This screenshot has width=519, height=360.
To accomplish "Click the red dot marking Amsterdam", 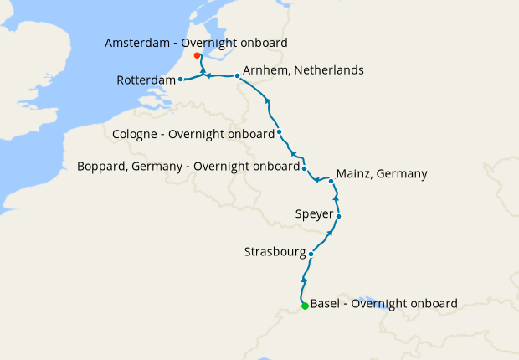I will click(197, 56).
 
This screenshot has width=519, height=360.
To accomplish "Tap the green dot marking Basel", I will click(305, 306).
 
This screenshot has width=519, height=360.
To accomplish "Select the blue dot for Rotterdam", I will click(181, 80).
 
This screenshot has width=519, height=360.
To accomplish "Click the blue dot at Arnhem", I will click(237, 76).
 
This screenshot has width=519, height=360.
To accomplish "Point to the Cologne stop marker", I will click(279, 132).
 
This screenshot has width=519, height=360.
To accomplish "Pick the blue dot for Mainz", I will click(331, 181).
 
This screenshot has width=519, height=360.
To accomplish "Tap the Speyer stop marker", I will click(338, 216).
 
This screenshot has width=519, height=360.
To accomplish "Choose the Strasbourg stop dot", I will click(311, 254).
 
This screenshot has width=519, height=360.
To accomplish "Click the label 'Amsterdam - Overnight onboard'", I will click(196, 43).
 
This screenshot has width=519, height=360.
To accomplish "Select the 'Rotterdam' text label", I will click(146, 80).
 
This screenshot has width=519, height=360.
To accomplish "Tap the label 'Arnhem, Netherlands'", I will click(303, 70).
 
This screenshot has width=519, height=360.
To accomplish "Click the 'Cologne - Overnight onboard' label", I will click(193, 134).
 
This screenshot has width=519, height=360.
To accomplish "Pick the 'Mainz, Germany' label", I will click(381, 174).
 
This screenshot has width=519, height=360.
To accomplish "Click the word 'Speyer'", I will click(314, 214).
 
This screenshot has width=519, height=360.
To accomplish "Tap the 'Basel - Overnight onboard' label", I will click(383, 303).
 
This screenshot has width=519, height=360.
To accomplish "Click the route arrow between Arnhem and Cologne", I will click(268, 101).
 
